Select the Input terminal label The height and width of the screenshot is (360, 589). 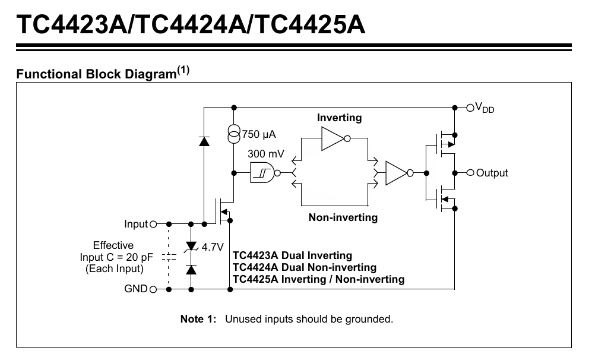(x=135, y=224)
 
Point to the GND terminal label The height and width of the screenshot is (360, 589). (x=135, y=289)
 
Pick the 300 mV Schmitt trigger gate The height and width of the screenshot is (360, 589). (x=263, y=173)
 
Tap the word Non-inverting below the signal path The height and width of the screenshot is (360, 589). (x=343, y=217)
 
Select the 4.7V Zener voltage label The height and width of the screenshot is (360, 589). (x=212, y=247)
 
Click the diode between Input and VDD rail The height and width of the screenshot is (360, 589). (x=204, y=141)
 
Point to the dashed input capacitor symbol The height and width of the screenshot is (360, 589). (x=169, y=257)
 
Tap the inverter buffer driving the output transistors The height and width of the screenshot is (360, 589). (x=397, y=173)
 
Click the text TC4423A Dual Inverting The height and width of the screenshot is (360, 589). (x=292, y=255)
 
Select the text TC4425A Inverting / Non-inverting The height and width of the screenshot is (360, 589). (x=318, y=279)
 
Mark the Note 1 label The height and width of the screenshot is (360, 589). (x=198, y=319)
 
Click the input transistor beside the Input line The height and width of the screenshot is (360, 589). (x=225, y=211)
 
